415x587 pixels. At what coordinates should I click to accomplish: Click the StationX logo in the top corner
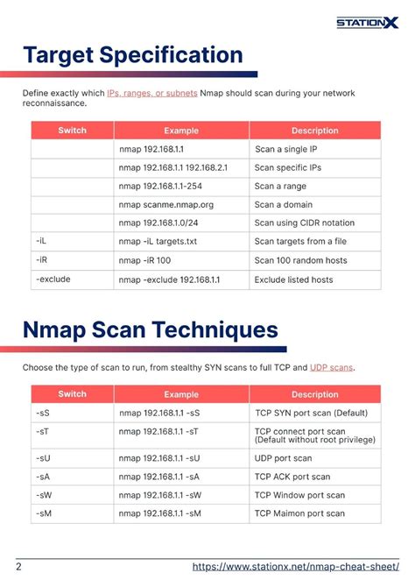pyautogui.click(x=367, y=22)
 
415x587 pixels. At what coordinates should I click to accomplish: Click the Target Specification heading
pyautogui.click(x=133, y=55)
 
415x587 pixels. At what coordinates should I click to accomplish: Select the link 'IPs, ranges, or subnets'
pyautogui.click(x=151, y=93)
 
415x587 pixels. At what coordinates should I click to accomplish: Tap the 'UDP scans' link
pyautogui.click(x=332, y=367)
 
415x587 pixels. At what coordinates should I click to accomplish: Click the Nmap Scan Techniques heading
pyautogui.click(x=151, y=330)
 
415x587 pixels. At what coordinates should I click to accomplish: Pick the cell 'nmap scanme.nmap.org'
pyautogui.click(x=165, y=204)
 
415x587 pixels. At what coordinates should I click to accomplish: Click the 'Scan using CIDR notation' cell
pyautogui.click(x=304, y=223)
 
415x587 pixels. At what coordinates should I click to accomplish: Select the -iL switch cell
pyautogui.click(x=42, y=241)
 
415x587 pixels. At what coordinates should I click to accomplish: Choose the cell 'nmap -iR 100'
pyautogui.click(x=144, y=260)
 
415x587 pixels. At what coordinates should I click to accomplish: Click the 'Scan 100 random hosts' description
pyautogui.click(x=300, y=260)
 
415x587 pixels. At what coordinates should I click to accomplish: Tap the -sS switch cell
pyautogui.click(x=43, y=412)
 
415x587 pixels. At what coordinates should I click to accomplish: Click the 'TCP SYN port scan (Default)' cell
pyautogui.click(x=312, y=412)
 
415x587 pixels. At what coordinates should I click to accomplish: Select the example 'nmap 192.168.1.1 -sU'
pyautogui.click(x=159, y=458)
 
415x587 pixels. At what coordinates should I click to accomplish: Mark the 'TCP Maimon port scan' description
pyautogui.click(x=301, y=513)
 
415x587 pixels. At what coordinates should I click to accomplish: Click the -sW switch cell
pyautogui.click(x=44, y=495)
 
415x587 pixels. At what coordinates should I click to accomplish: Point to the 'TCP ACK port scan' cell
pyautogui.click(x=292, y=477)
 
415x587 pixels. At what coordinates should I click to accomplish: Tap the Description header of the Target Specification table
pyautogui.click(x=314, y=131)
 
